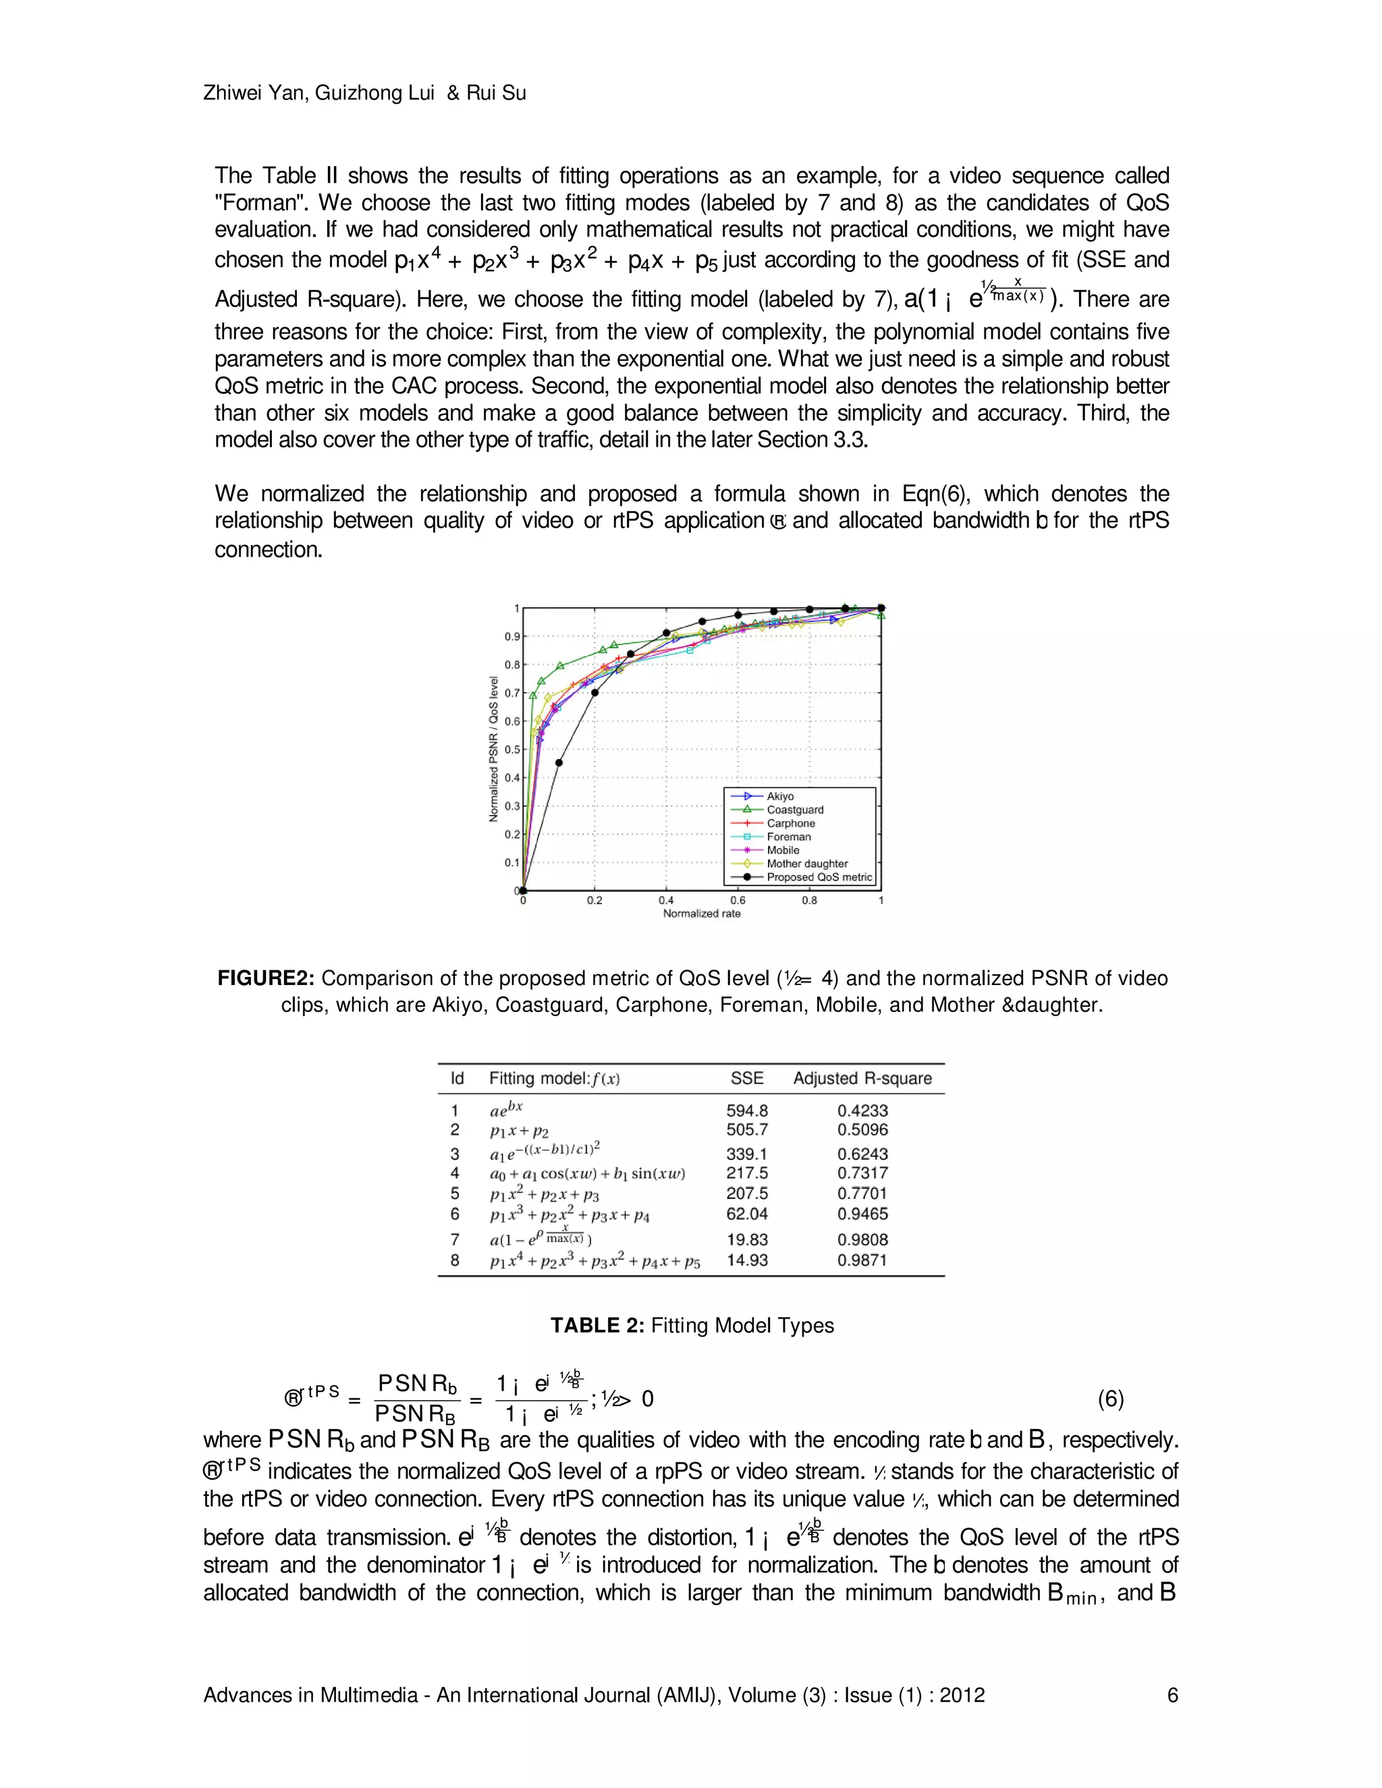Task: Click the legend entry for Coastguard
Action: [794, 810]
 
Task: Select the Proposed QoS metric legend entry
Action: [819, 877]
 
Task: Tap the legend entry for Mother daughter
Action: [806, 864]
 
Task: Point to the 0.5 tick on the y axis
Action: [512, 750]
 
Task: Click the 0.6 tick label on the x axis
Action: [738, 901]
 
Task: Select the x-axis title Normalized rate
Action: [702, 914]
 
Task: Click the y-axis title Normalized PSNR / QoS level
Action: [494, 749]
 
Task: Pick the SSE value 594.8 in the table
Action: [747, 1111]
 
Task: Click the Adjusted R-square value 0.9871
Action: [862, 1261]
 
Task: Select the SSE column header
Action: [747, 1079]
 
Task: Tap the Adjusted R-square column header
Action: [862, 1079]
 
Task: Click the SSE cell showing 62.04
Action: [747, 1214]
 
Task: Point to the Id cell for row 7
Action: [455, 1239]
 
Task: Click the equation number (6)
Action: [1110, 1399]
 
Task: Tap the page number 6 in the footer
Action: [1172, 1696]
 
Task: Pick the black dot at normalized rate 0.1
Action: [559, 763]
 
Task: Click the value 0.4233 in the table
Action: [862, 1111]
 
